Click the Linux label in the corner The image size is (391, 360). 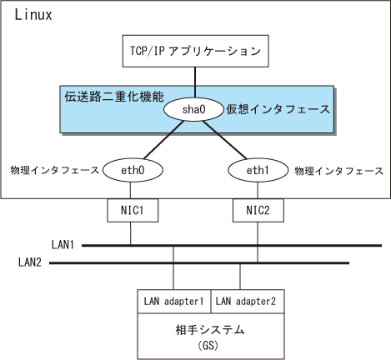tap(33, 15)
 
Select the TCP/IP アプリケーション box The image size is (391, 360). tap(196, 51)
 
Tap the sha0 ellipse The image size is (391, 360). tap(193, 109)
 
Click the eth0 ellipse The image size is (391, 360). tap(133, 170)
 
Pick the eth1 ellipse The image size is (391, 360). tap(258, 170)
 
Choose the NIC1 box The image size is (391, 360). tap(133, 210)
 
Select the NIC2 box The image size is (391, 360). tap(258, 210)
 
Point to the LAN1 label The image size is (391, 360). tap(63, 245)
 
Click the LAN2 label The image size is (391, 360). tap(30, 262)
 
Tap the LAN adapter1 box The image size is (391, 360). tap(174, 302)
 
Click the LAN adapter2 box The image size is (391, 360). tap(248, 302)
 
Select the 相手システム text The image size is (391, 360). tap(210, 330)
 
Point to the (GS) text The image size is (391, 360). tap(208, 346)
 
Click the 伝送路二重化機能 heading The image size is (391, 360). tap(114, 97)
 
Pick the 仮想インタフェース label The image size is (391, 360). tap(278, 109)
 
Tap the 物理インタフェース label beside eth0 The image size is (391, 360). tap(55, 170)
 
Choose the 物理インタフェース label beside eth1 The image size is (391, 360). tap(339, 171)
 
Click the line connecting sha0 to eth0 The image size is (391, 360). tap(164, 140)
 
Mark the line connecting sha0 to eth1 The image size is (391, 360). tap(224, 140)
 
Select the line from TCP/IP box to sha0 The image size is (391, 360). tap(195, 82)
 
